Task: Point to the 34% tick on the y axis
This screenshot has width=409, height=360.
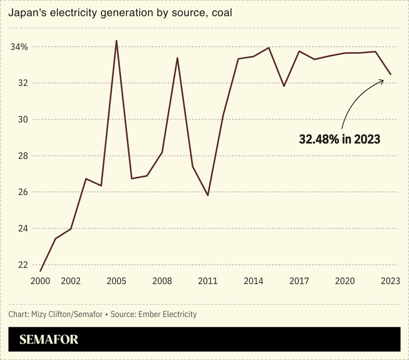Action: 19,47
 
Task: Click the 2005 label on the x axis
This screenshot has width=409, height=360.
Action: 116,281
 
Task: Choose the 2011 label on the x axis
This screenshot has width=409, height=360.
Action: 208,281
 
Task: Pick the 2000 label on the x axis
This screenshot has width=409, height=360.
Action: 40,281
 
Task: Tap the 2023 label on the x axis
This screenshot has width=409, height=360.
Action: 390,281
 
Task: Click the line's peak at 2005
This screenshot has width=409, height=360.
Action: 116,40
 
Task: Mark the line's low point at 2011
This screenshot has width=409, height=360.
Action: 208,195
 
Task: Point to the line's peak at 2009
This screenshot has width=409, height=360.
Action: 177,58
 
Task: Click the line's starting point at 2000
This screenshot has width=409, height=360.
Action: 40,270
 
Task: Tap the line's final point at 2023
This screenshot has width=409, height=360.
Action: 391,74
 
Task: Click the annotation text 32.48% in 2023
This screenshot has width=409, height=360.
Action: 339,139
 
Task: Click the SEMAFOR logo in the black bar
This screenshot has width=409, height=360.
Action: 49,340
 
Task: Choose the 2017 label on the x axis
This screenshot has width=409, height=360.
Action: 299,281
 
